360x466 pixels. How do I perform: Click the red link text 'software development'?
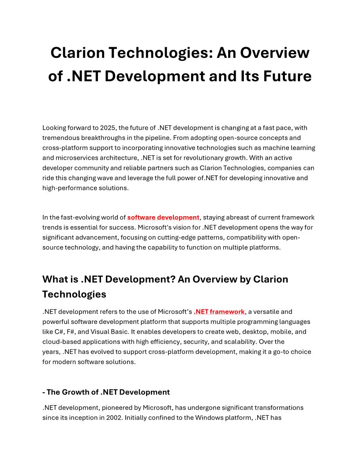coord(163,217)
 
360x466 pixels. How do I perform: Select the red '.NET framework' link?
coord(219,312)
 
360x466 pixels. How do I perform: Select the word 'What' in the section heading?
coord(55,279)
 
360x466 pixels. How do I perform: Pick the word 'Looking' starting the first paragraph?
coord(54,128)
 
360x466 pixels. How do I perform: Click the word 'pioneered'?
coord(102,407)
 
